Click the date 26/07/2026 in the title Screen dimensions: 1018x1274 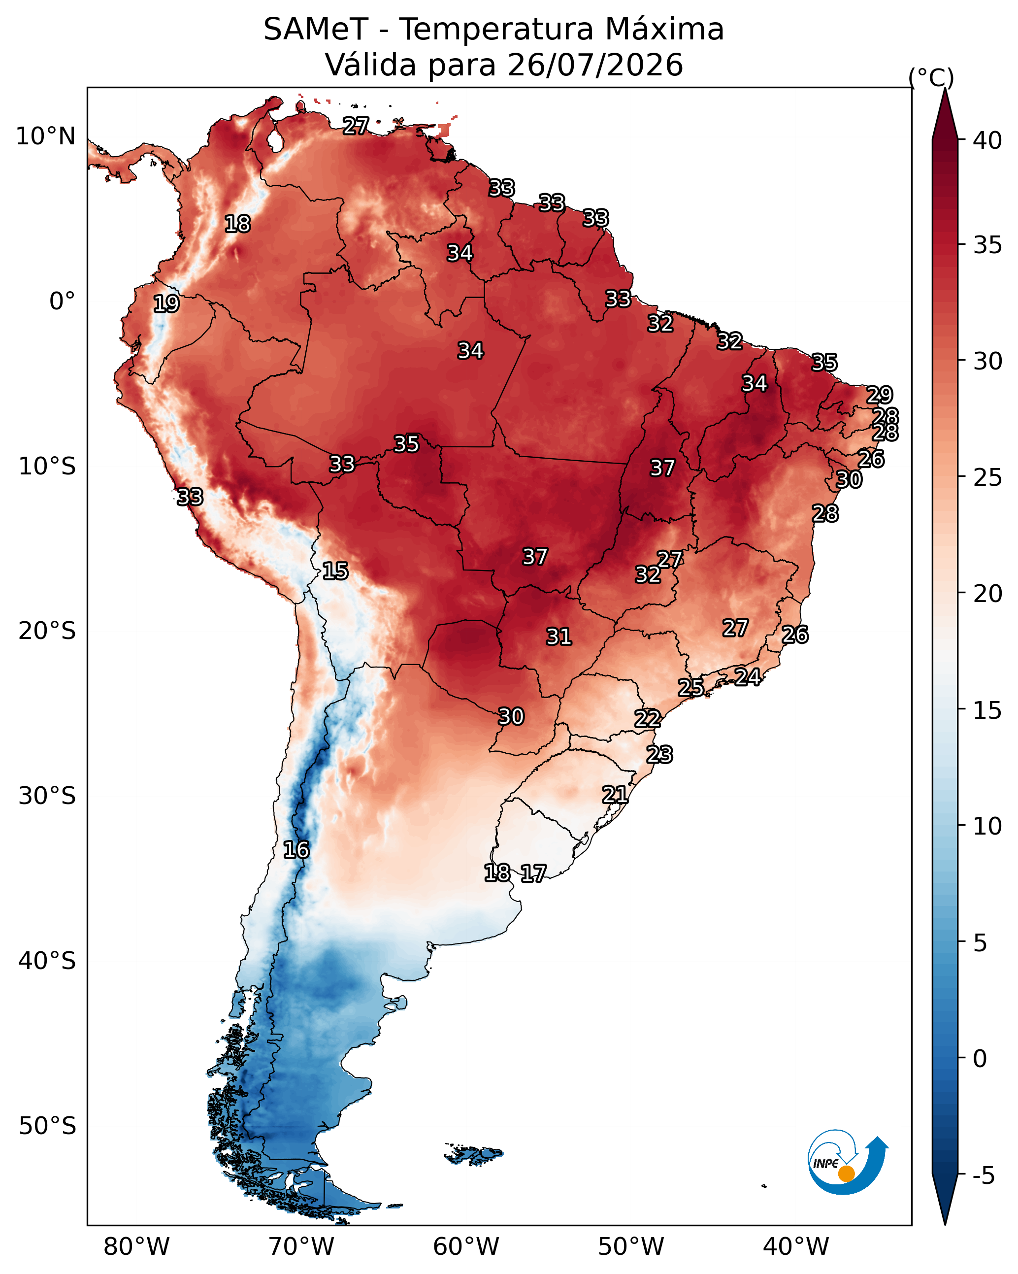595,65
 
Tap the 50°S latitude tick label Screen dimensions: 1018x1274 47,1126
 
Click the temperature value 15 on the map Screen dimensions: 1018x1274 335,571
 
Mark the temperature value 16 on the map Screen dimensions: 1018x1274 296,850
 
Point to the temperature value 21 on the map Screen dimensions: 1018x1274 615,794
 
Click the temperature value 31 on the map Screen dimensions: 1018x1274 558,637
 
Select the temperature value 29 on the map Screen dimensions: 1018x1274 879,395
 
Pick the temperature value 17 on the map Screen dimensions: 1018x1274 533,873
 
